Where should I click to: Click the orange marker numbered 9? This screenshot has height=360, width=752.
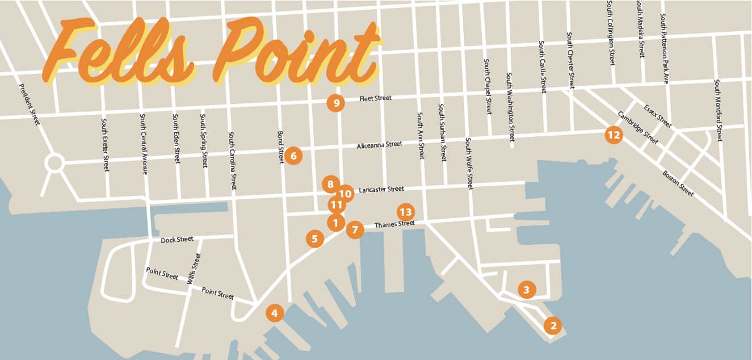(x=336, y=103)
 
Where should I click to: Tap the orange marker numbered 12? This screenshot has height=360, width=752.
(x=613, y=135)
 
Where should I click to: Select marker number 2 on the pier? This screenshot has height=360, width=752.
(x=552, y=326)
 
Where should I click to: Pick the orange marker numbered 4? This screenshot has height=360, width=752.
(x=275, y=312)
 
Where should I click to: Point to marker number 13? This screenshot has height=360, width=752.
(x=405, y=212)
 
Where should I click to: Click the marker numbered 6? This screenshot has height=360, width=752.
(x=293, y=155)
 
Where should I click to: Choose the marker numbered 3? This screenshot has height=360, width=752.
(x=527, y=290)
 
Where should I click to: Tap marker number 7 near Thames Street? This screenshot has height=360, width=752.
(x=355, y=229)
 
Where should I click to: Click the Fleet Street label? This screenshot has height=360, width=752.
(x=376, y=98)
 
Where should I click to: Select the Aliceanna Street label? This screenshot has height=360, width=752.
(x=379, y=145)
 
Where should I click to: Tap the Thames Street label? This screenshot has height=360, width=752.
(x=394, y=224)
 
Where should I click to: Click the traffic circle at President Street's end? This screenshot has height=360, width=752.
(x=54, y=164)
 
